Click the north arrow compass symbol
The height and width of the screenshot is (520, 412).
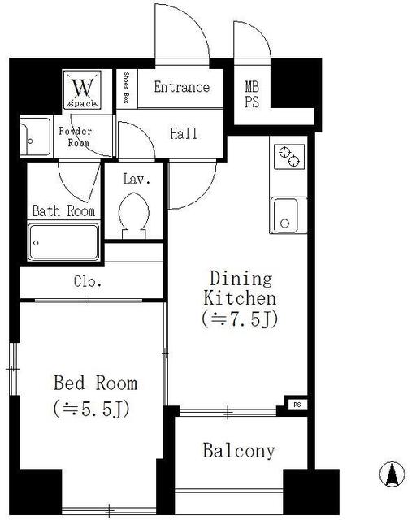tap(392, 474)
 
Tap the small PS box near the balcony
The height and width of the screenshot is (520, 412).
tap(297, 405)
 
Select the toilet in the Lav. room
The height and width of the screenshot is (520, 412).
tap(134, 215)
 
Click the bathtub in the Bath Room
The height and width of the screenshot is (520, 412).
tap(63, 242)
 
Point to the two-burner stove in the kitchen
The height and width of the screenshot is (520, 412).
tap(289, 157)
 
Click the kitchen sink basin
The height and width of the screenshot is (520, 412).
tap(284, 215)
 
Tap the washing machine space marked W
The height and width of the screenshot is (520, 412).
tap(82, 89)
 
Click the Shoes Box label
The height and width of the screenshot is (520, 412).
tap(126, 88)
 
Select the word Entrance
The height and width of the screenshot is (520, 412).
tap(182, 87)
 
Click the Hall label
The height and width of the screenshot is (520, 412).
tap(184, 133)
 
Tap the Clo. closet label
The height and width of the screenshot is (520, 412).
tap(88, 282)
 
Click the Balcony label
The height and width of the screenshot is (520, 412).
tap(239, 451)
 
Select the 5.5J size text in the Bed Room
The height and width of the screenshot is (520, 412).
tap(91, 410)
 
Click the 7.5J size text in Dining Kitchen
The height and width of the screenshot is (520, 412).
tap(240, 320)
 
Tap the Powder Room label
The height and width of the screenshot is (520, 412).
tap(76, 136)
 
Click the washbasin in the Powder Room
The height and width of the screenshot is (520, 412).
tap(35, 136)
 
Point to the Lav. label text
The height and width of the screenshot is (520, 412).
tap(137, 180)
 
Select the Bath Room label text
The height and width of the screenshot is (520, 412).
tap(63, 211)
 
